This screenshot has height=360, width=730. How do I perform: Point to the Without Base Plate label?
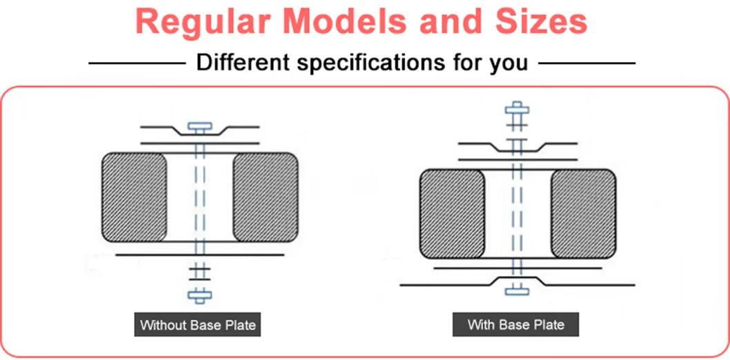click(198, 324)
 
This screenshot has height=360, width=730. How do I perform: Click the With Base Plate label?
click(516, 324)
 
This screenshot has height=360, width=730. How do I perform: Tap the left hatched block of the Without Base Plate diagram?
click(134, 197)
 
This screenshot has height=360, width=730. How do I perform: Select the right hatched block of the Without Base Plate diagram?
click(266, 197)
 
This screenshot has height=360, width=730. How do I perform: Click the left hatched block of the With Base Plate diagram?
click(452, 214)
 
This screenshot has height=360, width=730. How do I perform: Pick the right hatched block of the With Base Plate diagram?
click(583, 214)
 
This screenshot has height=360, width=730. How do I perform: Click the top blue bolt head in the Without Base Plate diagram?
click(199, 126)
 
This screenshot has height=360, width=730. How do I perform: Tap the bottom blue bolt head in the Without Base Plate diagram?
click(199, 296)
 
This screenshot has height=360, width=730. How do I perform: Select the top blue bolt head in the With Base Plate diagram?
click(517, 109)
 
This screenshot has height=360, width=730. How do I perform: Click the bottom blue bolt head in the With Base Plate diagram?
click(517, 291)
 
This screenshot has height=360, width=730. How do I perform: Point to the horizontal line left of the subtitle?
click(137, 63)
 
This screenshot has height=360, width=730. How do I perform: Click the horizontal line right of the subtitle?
click(587, 63)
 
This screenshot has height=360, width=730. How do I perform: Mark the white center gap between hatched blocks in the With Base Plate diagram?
click(517, 214)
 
